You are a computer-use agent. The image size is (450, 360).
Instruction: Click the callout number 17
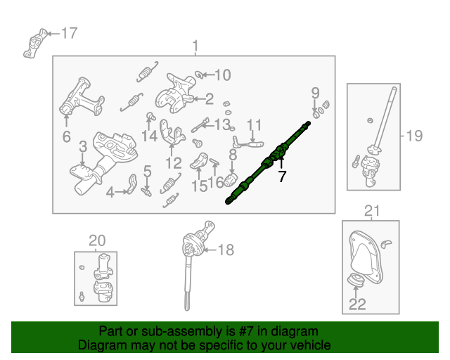[x=70, y=33]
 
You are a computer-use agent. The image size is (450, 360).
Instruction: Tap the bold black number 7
[x=282, y=176]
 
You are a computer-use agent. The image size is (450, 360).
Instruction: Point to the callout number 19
[x=415, y=135]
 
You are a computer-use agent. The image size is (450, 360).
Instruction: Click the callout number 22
[x=358, y=305]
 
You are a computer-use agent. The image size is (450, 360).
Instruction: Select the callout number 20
[x=96, y=241]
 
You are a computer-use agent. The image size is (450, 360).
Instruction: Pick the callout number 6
[x=66, y=136]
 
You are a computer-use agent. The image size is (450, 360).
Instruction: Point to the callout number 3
[x=82, y=147]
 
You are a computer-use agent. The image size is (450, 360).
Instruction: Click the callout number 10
[x=222, y=75]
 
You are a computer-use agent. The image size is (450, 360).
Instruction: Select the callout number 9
[x=315, y=92]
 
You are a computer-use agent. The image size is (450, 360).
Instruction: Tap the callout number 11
[x=254, y=125]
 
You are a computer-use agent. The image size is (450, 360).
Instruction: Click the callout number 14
[x=149, y=136]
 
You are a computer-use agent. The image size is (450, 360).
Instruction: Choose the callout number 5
[x=148, y=170]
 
